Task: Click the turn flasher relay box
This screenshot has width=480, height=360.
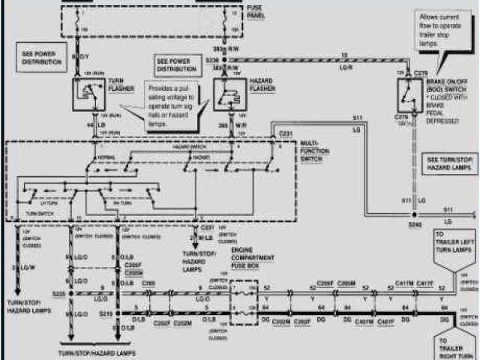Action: [88, 93]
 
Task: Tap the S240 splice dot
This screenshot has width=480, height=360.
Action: [413, 214]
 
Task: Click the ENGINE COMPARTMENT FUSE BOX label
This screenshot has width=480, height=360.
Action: [252, 258]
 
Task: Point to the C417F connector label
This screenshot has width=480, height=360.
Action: [425, 283]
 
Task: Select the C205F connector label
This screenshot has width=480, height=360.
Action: [325, 283]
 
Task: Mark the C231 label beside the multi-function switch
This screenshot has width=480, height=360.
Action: [286, 133]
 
